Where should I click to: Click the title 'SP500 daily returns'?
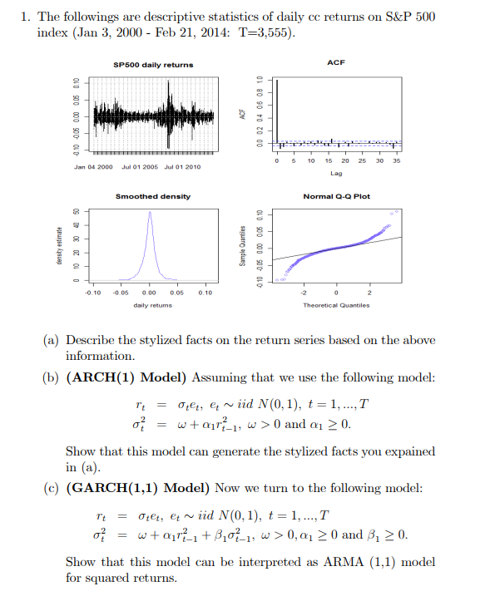tap(153, 65)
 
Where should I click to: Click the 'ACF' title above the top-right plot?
tap(336, 62)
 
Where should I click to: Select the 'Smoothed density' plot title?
tap(153, 196)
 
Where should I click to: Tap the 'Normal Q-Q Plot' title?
tap(336, 196)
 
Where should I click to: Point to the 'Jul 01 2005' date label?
tap(140, 167)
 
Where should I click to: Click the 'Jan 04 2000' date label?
tap(93, 167)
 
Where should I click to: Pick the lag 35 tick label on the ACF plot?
tap(397, 160)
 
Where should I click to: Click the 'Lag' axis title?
tap(336, 174)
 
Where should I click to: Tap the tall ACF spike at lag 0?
tap(277, 111)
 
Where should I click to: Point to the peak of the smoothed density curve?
tap(150, 212)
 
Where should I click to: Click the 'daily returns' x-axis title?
tap(152, 305)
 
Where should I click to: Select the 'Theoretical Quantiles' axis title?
tap(336, 305)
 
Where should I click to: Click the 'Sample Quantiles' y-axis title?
tap(242, 246)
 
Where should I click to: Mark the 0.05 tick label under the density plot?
tap(176, 293)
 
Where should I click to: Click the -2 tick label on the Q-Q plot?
tap(303, 293)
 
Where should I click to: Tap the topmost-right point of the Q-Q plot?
tap(397, 211)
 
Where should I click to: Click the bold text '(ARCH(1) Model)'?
tap(126, 377)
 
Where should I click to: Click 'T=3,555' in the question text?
tap(265, 32)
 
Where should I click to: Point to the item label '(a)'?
tap(51, 340)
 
